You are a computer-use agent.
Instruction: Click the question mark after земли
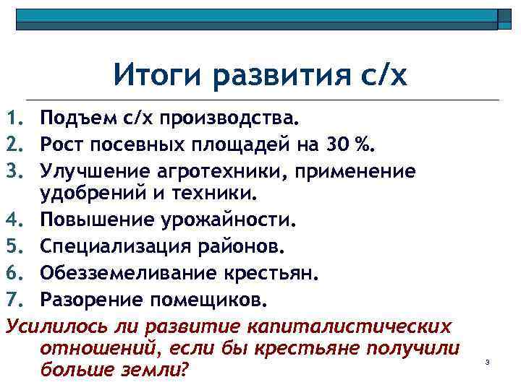(x=183, y=369)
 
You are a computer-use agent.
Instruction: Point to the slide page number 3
(x=488, y=363)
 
